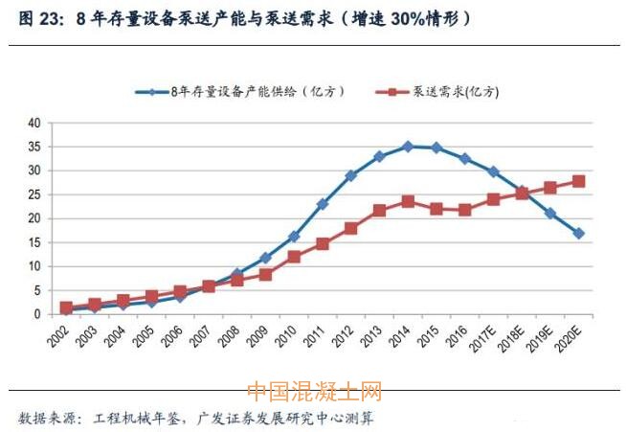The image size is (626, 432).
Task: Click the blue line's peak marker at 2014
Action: pyautogui.click(x=408, y=147)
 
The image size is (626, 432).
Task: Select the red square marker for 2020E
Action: pyautogui.click(x=579, y=181)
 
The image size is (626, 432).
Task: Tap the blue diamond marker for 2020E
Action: pyautogui.click(x=579, y=233)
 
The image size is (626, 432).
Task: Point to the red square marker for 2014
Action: pyautogui.click(x=408, y=201)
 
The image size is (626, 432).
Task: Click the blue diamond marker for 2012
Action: pyautogui.click(x=351, y=175)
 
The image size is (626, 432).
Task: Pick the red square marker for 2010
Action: pyautogui.click(x=294, y=257)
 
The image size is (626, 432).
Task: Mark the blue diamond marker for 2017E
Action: pyautogui.click(x=494, y=171)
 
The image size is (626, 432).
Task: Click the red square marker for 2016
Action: pyautogui.click(x=465, y=209)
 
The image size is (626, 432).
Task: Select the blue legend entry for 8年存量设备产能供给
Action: pyautogui.click(x=239, y=92)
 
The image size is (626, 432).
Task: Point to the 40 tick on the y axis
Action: pyautogui.click(x=34, y=124)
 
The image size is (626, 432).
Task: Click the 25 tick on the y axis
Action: pyautogui.click(x=34, y=194)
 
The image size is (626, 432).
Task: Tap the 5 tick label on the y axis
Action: pyautogui.click(x=37, y=290)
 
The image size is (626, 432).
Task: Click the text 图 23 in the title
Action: pyautogui.click(x=39, y=19)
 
